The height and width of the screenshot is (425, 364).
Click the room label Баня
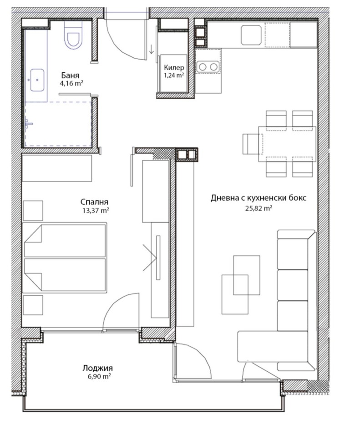pos(71,76)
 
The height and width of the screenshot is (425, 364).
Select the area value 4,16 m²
pos(71,83)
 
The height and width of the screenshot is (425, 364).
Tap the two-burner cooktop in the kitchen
pos(207,67)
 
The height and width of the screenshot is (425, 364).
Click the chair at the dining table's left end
pos(250,144)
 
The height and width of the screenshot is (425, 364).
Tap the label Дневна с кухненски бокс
pos(258,198)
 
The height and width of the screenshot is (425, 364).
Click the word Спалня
pos(94,202)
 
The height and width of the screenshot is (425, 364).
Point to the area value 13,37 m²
pos(95,211)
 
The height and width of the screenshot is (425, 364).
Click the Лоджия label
pos(97,368)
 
